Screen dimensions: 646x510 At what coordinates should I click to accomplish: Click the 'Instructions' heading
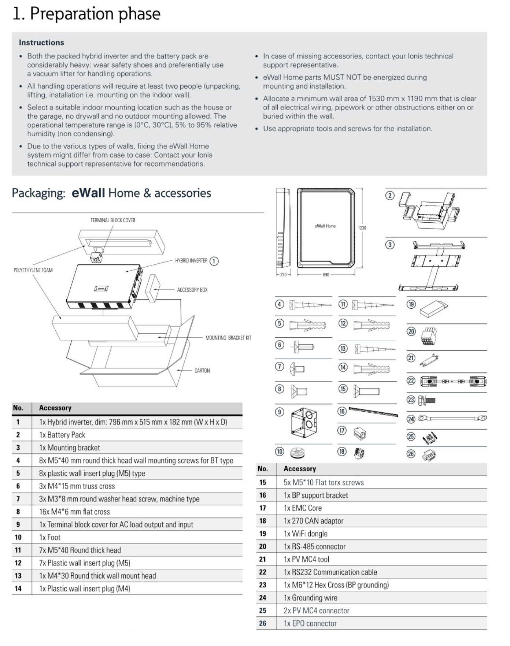(41, 42)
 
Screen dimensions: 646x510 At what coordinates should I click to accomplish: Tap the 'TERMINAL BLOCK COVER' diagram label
(113, 220)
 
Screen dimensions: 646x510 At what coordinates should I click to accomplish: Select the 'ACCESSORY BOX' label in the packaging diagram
(192, 290)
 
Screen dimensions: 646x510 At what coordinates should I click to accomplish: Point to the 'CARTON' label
(202, 371)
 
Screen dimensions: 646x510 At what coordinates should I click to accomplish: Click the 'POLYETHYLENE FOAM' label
(33, 270)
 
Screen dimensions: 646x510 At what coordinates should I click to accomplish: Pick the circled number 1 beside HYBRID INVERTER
(214, 261)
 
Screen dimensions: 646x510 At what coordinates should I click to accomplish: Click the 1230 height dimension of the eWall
(362, 228)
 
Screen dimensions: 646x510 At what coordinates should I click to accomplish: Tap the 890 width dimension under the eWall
(326, 275)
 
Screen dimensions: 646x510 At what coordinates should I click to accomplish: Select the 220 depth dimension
(283, 275)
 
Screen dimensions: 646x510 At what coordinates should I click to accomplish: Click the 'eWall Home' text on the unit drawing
(325, 226)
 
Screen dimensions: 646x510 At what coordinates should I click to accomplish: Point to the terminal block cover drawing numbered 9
(305, 424)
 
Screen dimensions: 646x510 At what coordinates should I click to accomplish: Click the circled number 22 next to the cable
(411, 381)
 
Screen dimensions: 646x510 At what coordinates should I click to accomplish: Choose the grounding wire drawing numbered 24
(452, 417)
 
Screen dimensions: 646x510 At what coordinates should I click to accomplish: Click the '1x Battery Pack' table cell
(62, 435)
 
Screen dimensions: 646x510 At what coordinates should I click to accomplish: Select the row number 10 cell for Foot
(18, 537)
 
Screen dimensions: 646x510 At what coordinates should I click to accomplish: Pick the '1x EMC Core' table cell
(303, 508)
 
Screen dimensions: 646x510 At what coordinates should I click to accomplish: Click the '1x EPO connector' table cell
(310, 623)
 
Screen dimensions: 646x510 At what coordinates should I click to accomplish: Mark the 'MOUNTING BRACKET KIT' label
(228, 338)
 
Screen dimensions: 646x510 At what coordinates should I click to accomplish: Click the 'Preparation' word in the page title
(64, 14)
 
